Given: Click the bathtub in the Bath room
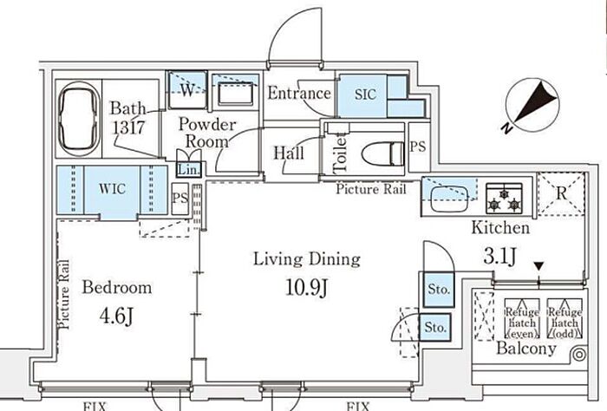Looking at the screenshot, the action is (x=80, y=119).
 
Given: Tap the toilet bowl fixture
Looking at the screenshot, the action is (x=383, y=153).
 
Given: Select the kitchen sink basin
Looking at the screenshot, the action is (x=449, y=199).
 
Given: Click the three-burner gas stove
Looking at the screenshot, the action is (x=504, y=199).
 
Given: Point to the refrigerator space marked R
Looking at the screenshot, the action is (x=561, y=194).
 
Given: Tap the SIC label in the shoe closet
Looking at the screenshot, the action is (x=365, y=94).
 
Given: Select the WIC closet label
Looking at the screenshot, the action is (x=112, y=189).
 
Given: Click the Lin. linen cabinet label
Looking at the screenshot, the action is (x=189, y=169).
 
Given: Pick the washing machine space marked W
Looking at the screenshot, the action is (x=187, y=90).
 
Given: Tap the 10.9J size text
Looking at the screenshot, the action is (x=307, y=288).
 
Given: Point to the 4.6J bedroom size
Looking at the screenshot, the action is (x=116, y=316).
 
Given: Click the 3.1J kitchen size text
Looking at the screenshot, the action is (x=499, y=256).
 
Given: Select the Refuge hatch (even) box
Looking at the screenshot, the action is (x=522, y=318).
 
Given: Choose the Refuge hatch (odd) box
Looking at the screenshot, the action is (x=565, y=318).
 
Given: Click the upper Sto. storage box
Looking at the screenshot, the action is (x=439, y=290).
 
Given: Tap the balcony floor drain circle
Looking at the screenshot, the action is (x=579, y=355).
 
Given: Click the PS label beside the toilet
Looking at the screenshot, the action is (x=418, y=147).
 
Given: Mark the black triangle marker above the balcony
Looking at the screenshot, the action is (x=538, y=266).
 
